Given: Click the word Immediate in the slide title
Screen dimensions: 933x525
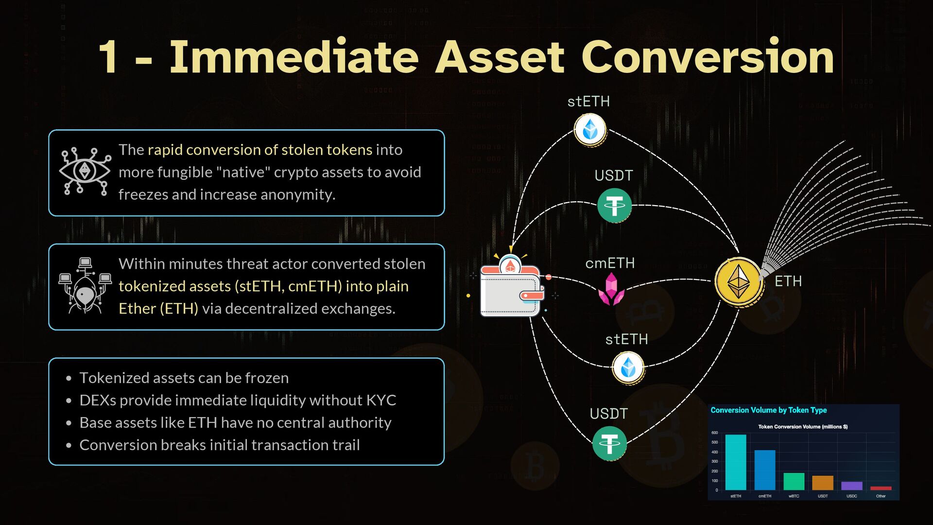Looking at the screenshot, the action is [x=294, y=57].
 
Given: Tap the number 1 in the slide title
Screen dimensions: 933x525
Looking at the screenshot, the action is [x=108, y=57].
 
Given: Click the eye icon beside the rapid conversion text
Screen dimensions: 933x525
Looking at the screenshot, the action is [x=85, y=171].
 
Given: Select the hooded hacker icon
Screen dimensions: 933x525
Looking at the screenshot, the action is [x=85, y=287].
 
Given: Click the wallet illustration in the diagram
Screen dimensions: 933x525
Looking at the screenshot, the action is [x=510, y=290].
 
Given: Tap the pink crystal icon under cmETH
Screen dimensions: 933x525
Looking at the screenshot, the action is [x=611, y=289].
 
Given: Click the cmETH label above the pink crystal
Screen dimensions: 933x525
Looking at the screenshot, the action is [x=610, y=263].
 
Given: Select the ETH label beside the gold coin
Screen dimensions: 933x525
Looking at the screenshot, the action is [x=788, y=281].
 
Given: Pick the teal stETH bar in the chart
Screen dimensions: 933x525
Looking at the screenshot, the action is [x=736, y=462].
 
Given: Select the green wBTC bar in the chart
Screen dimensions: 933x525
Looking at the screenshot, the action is [x=794, y=481].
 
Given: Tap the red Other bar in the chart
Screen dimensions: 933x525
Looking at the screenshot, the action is [x=881, y=488].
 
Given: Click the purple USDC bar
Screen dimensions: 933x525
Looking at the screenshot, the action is [x=852, y=486].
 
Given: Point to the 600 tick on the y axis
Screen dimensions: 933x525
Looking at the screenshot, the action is [x=714, y=433].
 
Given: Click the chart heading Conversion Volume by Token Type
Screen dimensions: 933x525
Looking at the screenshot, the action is [x=768, y=410].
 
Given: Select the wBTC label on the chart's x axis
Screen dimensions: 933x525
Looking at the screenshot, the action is [x=794, y=496].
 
